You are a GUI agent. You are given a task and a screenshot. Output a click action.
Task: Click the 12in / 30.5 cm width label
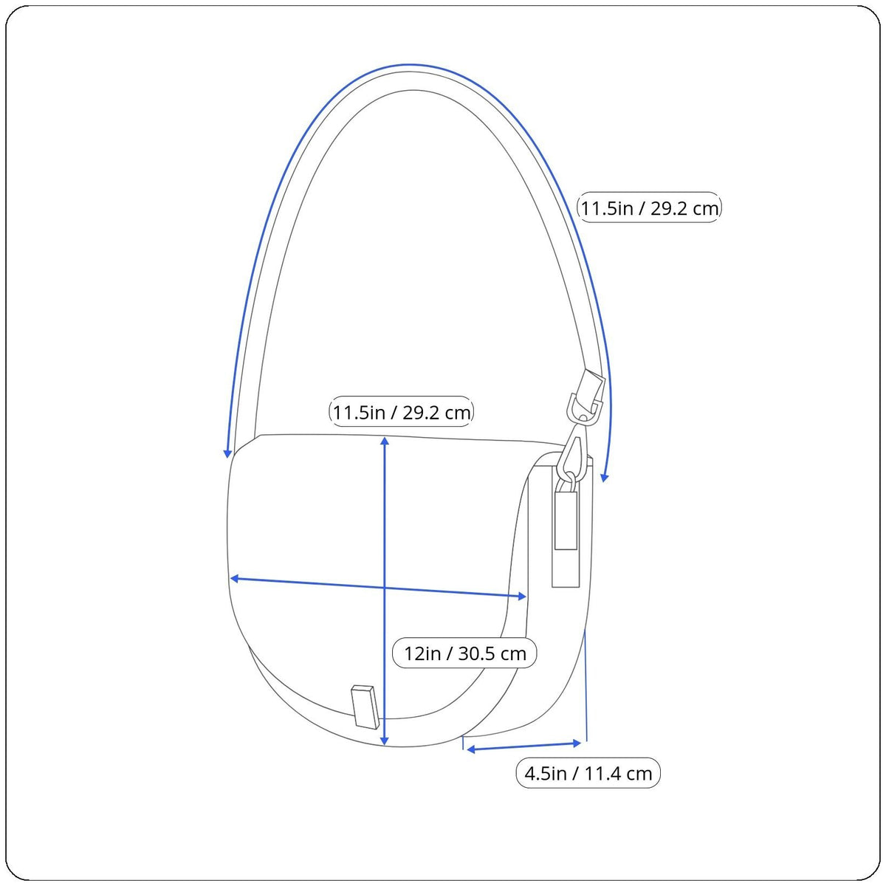click(x=464, y=653)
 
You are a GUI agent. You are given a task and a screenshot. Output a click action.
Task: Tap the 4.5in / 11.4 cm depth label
click(x=588, y=773)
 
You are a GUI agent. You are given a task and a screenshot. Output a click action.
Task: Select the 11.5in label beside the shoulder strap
click(x=649, y=207)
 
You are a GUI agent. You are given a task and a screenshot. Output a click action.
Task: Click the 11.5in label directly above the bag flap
click(x=402, y=412)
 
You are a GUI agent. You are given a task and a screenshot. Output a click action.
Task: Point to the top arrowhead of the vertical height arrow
click(x=385, y=441)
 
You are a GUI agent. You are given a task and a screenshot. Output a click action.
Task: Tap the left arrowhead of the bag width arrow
click(x=234, y=578)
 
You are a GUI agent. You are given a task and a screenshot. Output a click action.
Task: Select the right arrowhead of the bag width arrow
click(x=522, y=597)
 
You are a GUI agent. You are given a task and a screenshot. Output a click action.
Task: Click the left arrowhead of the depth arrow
click(x=470, y=750)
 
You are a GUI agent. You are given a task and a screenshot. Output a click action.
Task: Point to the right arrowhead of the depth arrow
click(x=577, y=743)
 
